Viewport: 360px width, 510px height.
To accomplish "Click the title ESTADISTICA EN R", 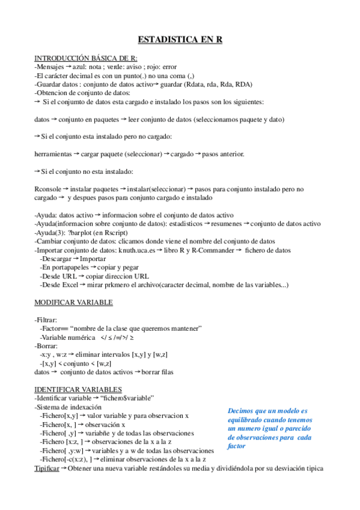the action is pos(180,40).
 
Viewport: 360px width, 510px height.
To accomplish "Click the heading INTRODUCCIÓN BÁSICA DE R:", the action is pos(85,58).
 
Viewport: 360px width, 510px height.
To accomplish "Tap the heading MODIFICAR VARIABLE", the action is pos(74,302).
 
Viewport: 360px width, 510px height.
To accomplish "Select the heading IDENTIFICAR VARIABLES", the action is pos(78,389).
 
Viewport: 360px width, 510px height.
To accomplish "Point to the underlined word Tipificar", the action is pos(46,468).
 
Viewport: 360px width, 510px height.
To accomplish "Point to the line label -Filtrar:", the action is pos(46,319).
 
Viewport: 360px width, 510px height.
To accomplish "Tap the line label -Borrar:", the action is pos(46,346).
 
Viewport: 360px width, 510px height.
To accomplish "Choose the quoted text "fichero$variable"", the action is pos(128,398).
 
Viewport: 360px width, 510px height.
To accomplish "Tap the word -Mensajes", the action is pos(49,67).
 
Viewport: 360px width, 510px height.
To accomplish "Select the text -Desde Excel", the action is pos(59,285).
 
